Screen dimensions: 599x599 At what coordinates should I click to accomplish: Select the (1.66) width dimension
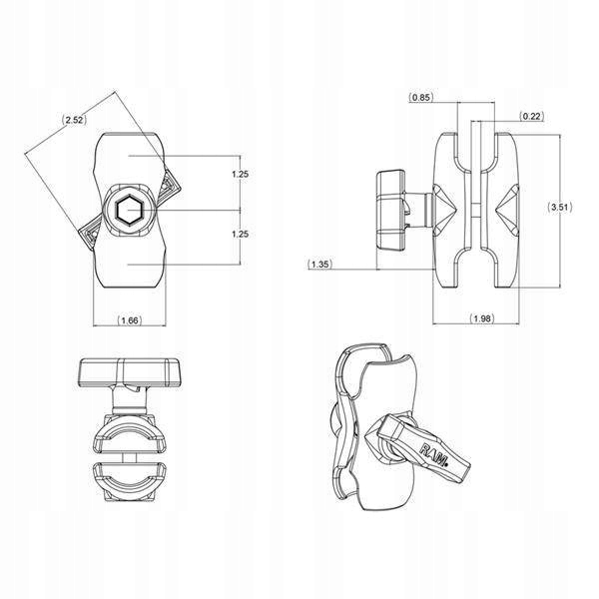coord(129,319)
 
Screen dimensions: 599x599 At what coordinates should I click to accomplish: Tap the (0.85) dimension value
coord(420,97)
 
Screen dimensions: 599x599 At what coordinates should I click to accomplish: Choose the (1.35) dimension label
coord(321,264)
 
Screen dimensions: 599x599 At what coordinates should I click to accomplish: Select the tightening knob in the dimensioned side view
coord(389,209)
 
